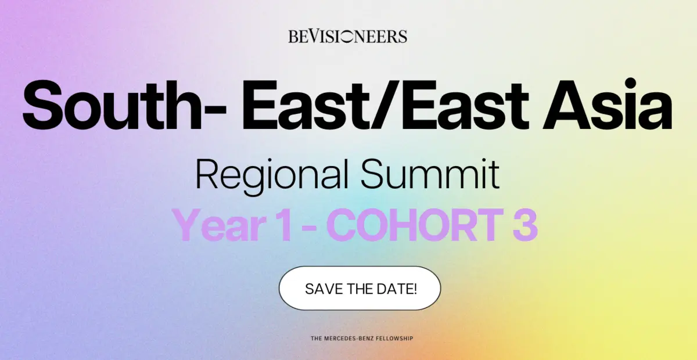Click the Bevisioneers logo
coord(347,37)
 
